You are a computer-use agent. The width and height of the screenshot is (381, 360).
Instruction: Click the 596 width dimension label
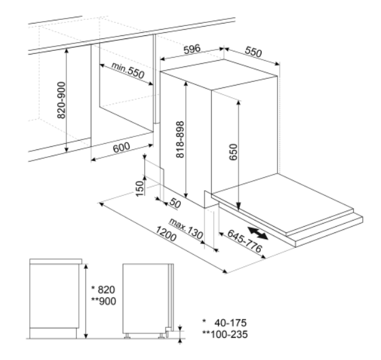click(x=192, y=49)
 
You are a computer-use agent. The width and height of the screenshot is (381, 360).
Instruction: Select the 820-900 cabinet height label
click(x=61, y=100)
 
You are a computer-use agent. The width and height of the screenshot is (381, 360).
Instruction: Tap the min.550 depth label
click(x=128, y=70)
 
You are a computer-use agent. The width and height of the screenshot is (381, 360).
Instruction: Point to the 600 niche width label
click(x=121, y=147)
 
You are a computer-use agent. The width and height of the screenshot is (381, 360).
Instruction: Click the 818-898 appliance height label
click(x=180, y=139)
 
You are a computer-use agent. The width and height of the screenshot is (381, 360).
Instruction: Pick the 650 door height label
click(x=234, y=152)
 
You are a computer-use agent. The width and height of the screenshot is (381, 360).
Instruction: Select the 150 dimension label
click(x=139, y=188)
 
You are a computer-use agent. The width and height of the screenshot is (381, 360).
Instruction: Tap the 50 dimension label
click(x=175, y=203)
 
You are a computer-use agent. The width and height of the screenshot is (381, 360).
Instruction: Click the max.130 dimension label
click(x=186, y=229)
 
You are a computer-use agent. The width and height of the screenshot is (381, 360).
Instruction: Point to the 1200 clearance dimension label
click(x=165, y=234)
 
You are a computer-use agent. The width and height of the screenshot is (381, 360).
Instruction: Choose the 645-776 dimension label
click(x=245, y=240)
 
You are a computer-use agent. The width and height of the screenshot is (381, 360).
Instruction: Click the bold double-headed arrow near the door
click(x=258, y=234)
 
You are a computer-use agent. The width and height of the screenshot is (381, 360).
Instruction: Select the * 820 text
click(x=103, y=289)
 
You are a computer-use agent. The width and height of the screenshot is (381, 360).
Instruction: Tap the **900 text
click(x=103, y=301)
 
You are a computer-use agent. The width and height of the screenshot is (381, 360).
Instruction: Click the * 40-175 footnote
click(x=224, y=323)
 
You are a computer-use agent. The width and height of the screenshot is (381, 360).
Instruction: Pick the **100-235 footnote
click(x=226, y=334)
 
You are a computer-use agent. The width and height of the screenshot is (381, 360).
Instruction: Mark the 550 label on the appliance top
click(x=253, y=51)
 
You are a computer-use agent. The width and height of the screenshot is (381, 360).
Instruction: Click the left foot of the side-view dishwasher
click(x=127, y=336)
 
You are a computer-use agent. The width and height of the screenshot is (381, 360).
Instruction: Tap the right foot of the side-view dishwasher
click(x=161, y=336)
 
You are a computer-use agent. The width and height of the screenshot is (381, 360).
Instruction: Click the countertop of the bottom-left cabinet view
click(x=56, y=261)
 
